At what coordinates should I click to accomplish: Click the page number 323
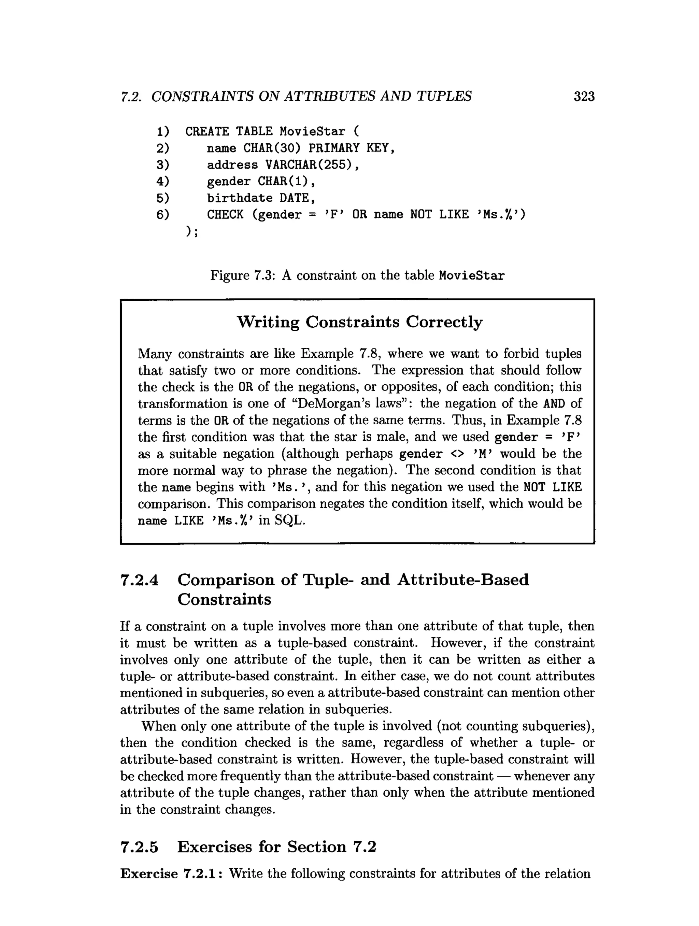click(584, 97)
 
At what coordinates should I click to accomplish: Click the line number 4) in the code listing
click(163, 181)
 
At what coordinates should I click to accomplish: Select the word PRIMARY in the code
click(333, 148)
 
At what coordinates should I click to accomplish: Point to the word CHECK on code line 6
click(225, 214)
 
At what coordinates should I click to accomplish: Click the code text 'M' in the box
click(481, 454)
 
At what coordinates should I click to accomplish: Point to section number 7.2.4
click(139, 580)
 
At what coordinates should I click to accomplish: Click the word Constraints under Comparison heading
click(224, 599)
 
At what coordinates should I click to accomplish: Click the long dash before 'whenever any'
click(503, 776)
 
